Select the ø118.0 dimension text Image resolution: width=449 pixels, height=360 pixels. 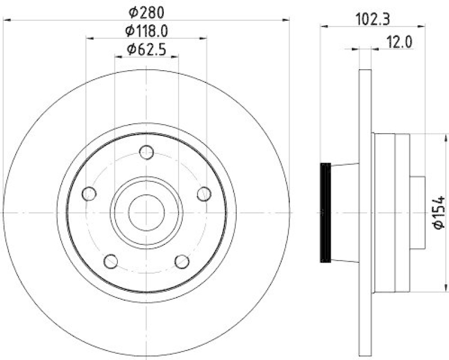tap(147, 31)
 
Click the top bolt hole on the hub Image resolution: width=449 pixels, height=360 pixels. tap(146, 152)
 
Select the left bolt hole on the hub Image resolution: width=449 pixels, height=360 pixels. tap(89, 194)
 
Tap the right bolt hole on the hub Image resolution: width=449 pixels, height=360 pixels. tap(204, 194)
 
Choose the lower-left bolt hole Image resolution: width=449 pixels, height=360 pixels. tap(111, 261)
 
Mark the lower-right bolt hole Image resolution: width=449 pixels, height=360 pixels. tap(182, 261)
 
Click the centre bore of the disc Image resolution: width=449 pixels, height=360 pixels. tap(146, 212)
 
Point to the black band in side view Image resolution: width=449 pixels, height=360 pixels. tap(325, 212)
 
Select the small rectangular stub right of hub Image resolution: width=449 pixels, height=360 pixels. tap(418, 212)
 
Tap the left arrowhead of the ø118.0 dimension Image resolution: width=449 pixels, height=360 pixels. tap(90, 38)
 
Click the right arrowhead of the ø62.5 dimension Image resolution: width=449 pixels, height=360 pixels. tap(175, 57)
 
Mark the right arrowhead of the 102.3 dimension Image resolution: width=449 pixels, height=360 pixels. tap(423, 25)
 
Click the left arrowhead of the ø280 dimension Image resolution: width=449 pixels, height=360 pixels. tap(7, 20)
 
